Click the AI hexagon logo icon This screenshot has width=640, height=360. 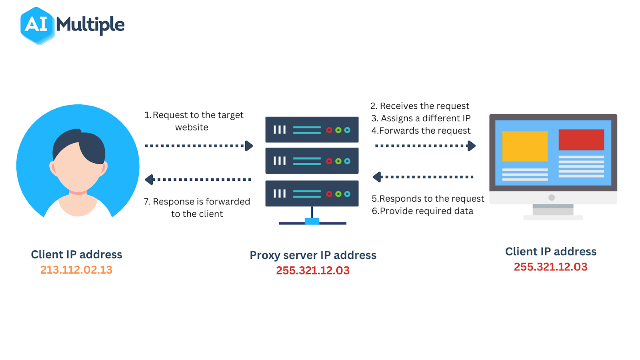click(x=37, y=25)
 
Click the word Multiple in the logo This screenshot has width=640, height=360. click(x=90, y=25)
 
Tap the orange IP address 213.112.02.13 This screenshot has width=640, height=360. click(x=76, y=270)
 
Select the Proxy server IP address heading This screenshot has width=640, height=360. click(x=313, y=255)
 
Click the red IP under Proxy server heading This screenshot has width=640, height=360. click(x=313, y=271)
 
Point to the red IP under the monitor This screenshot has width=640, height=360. click(x=550, y=267)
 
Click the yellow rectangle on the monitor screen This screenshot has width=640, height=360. click(x=525, y=146)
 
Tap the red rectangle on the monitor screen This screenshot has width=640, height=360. click(x=581, y=140)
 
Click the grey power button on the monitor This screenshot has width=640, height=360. click(x=552, y=198)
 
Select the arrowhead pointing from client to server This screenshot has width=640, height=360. click(x=249, y=146)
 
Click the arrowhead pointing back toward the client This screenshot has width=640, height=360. click(x=149, y=180)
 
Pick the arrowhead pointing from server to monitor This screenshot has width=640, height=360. click(x=472, y=146)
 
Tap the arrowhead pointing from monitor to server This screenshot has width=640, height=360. click(x=377, y=177)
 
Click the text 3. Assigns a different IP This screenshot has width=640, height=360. click(x=421, y=118)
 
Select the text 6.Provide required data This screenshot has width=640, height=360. click(x=422, y=211)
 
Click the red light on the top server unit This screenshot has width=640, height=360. click(x=329, y=130)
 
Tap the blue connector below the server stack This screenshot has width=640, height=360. click(x=312, y=221)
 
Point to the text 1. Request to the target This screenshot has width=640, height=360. click(x=194, y=115)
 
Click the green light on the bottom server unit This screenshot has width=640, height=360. click(x=338, y=194)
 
